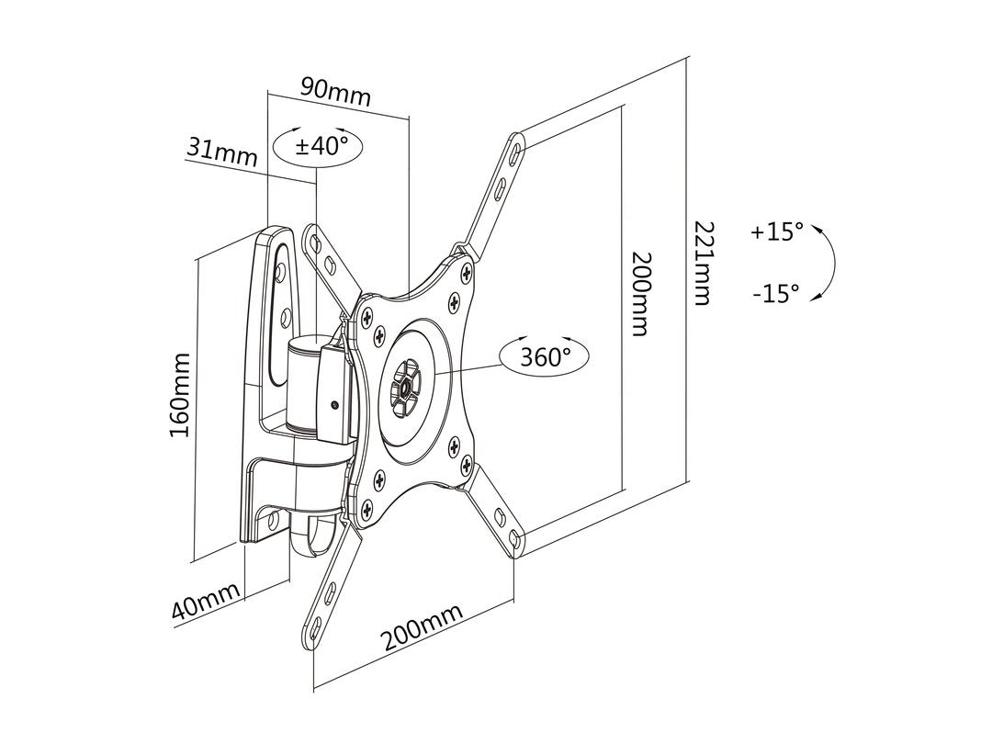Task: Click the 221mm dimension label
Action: [x=703, y=263]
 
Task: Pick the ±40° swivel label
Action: [x=320, y=145]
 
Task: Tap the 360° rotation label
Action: [x=546, y=356]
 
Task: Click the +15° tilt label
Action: [x=776, y=231]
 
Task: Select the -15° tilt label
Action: [x=776, y=294]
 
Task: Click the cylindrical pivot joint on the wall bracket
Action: [x=303, y=386]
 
